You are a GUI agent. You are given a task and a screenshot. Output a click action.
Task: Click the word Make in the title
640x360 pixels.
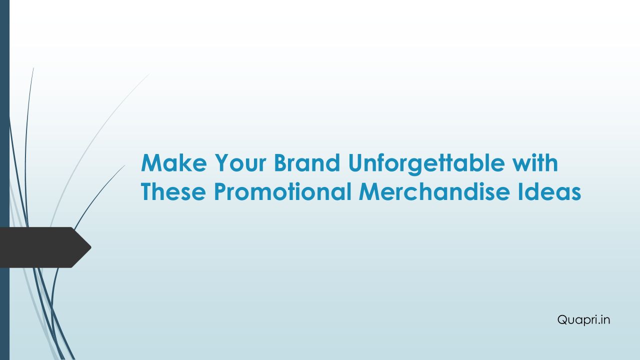(173, 162)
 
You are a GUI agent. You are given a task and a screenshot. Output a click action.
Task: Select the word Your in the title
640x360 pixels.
(240, 162)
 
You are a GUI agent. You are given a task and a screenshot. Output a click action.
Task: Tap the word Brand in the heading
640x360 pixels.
(307, 162)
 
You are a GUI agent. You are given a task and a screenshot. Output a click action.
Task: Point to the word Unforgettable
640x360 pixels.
(426, 164)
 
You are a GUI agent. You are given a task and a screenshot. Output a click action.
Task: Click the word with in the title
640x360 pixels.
(535, 162)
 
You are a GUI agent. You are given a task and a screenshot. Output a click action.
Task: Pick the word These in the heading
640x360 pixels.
(173, 191)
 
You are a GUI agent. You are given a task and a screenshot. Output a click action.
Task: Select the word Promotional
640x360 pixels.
(282, 191)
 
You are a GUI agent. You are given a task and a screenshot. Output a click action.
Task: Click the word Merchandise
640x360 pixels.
(434, 191)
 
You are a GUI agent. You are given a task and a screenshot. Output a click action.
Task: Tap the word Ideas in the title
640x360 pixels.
(549, 191)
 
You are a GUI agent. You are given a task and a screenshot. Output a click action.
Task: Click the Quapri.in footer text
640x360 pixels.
(583, 319)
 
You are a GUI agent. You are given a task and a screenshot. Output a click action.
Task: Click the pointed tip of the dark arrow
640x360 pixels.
(91, 247)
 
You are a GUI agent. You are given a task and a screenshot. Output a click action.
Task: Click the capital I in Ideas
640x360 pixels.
(520, 191)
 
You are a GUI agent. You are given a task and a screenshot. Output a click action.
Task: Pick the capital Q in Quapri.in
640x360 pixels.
(563, 319)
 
